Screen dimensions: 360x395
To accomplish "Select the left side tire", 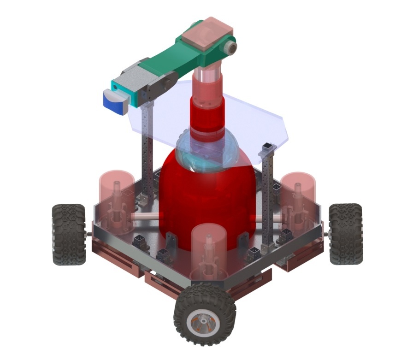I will tap(69, 234).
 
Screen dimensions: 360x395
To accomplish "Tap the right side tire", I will tap(345, 234).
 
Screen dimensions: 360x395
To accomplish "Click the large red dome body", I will tap(207, 198).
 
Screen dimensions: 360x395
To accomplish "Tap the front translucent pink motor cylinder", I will tap(210, 249).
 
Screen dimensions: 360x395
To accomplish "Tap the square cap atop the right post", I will tap(268, 148).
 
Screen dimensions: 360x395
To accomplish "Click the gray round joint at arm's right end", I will tap(231, 47).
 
